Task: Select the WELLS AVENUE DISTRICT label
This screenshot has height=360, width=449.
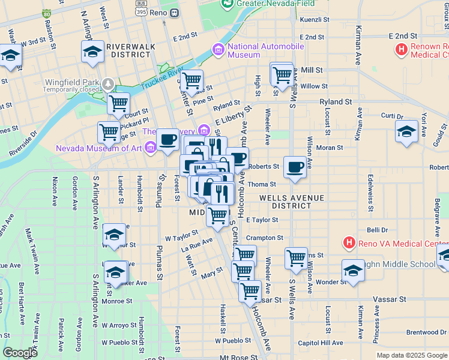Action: tap(292, 202)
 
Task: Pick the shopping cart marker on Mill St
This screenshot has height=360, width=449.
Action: tap(282, 75)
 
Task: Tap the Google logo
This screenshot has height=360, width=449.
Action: tap(20, 353)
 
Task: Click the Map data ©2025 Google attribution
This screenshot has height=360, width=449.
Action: tap(412, 355)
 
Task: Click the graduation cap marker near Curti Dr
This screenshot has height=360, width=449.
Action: tap(406, 131)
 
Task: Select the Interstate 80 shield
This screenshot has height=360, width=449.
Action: tap(47, 13)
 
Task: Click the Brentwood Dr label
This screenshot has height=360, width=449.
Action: tap(426, 332)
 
